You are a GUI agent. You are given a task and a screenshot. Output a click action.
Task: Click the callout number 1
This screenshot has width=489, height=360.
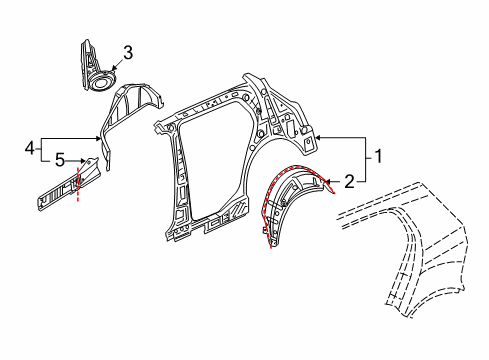(378, 156)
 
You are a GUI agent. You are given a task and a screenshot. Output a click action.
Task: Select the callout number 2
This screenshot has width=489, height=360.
(349, 182)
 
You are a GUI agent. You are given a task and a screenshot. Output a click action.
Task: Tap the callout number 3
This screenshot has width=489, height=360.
(128, 53)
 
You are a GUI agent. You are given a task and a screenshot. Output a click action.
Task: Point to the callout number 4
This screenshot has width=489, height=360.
(30, 148)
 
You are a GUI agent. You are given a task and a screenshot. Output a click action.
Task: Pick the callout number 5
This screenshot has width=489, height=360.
(60, 160)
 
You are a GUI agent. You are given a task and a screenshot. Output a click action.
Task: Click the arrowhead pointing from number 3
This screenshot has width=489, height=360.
(113, 69)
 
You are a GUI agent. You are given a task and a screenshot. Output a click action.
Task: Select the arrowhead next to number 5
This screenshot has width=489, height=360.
(82, 161)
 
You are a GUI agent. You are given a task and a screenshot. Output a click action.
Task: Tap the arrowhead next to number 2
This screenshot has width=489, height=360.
(327, 182)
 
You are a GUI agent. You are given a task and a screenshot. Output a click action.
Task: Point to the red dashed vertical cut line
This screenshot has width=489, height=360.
(78, 184)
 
